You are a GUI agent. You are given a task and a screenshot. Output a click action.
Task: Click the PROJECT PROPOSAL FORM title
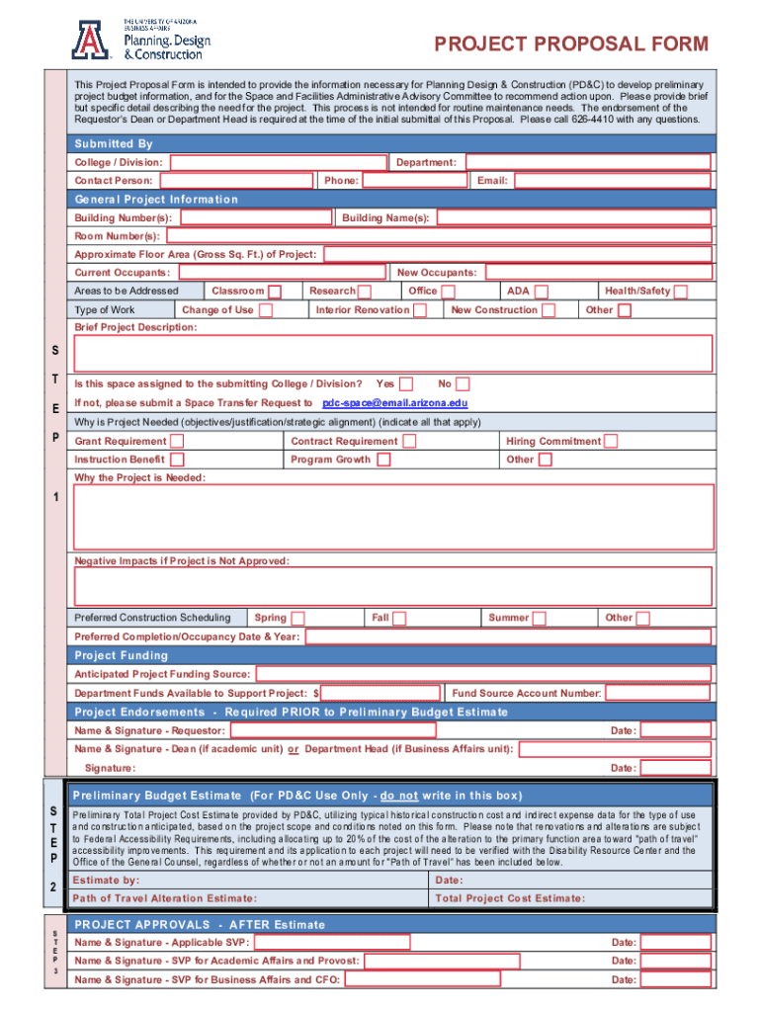[571, 44]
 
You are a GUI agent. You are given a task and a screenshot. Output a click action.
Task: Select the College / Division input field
[277, 162]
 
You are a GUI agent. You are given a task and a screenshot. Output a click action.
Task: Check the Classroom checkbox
[276, 292]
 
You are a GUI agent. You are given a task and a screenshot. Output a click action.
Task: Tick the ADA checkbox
[542, 292]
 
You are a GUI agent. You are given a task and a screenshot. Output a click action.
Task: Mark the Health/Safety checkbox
[681, 292]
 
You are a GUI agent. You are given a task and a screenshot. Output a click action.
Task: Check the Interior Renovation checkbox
[420, 310]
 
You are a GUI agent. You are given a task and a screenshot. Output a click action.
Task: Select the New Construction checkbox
[550, 310]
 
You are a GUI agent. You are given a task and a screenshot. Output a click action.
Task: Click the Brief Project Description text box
[392, 353]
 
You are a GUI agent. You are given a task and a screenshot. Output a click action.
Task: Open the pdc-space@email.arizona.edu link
[395, 403]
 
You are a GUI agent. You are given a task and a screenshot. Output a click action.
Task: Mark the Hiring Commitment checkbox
[611, 442]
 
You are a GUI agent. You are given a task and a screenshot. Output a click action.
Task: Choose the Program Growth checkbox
[383, 460]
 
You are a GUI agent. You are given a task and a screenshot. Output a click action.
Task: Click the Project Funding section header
[122, 655]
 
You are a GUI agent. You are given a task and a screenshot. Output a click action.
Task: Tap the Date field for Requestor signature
[677, 730]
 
